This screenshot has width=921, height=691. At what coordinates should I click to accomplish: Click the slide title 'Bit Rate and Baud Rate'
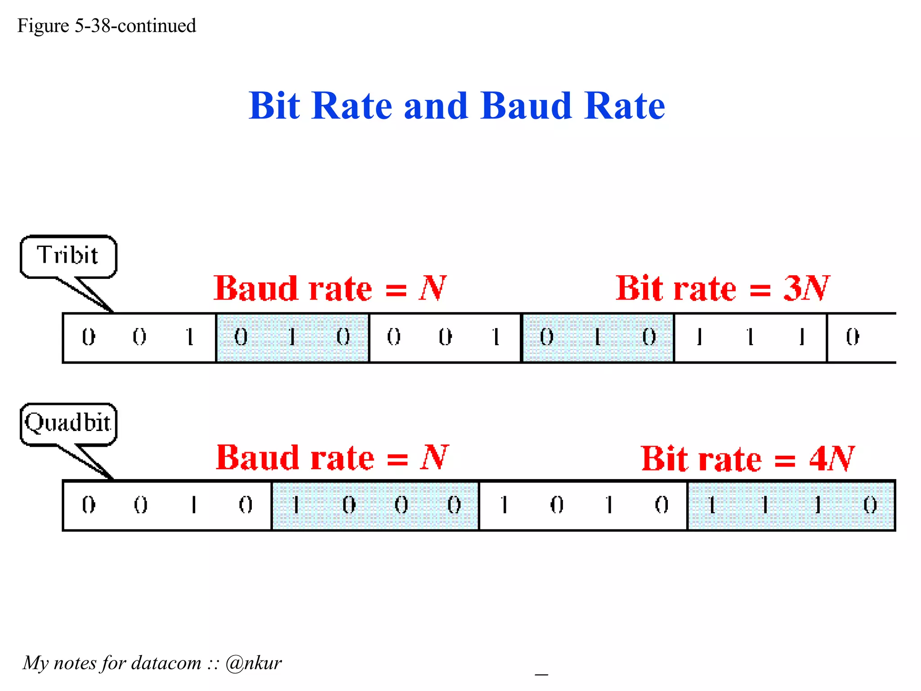tap(456, 106)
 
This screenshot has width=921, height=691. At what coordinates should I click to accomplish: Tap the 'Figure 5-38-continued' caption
tap(107, 26)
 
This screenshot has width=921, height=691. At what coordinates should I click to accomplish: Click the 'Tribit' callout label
tap(67, 256)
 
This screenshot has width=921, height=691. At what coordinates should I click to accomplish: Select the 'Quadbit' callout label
tap(67, 423)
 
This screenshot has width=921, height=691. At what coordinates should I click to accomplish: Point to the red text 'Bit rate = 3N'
tap(722, 288)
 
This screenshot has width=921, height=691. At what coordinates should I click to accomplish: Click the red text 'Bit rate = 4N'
tap(747, 458)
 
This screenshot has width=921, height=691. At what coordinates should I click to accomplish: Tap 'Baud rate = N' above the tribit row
tap(330, 288)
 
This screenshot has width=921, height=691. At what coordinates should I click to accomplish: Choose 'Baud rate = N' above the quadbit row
tap(332, 458)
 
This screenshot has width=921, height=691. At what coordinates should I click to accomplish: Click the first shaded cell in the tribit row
tap(292, 337)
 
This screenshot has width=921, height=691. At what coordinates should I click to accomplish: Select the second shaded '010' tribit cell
tap(598, 337)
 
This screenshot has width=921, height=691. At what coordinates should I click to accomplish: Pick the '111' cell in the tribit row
tap(750, 337)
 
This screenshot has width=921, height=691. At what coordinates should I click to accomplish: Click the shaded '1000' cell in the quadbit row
tap(375, 505)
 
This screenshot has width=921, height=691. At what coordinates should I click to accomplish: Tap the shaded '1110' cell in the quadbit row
tap(791, 505)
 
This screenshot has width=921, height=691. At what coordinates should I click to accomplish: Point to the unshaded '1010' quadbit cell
tap(583, 505)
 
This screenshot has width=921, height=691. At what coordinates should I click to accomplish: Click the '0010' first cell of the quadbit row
tap(167, 505)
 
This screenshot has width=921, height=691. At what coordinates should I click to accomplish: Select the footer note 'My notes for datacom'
tap(112, 663)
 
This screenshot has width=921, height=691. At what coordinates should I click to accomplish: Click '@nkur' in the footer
tap(254, 663)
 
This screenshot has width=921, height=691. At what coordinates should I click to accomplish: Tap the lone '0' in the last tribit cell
tap(852, 337)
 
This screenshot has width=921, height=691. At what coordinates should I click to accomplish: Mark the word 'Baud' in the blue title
tap(526, 106)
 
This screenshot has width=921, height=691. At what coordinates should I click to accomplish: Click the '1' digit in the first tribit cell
tap(190, 337)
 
